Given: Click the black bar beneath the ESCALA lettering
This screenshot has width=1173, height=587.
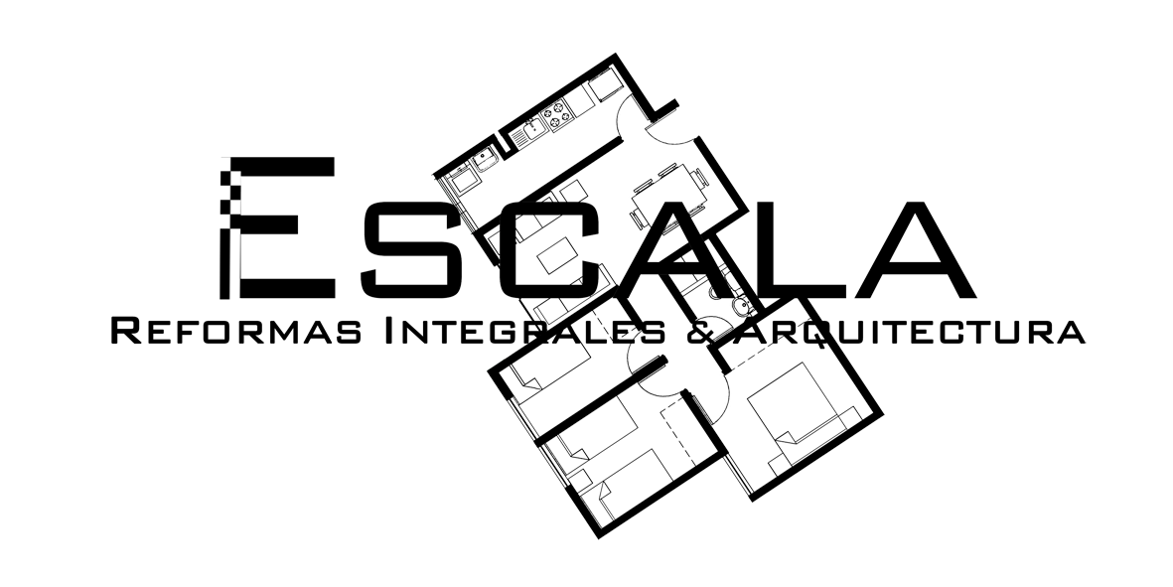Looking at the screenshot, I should coord(596,330).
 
